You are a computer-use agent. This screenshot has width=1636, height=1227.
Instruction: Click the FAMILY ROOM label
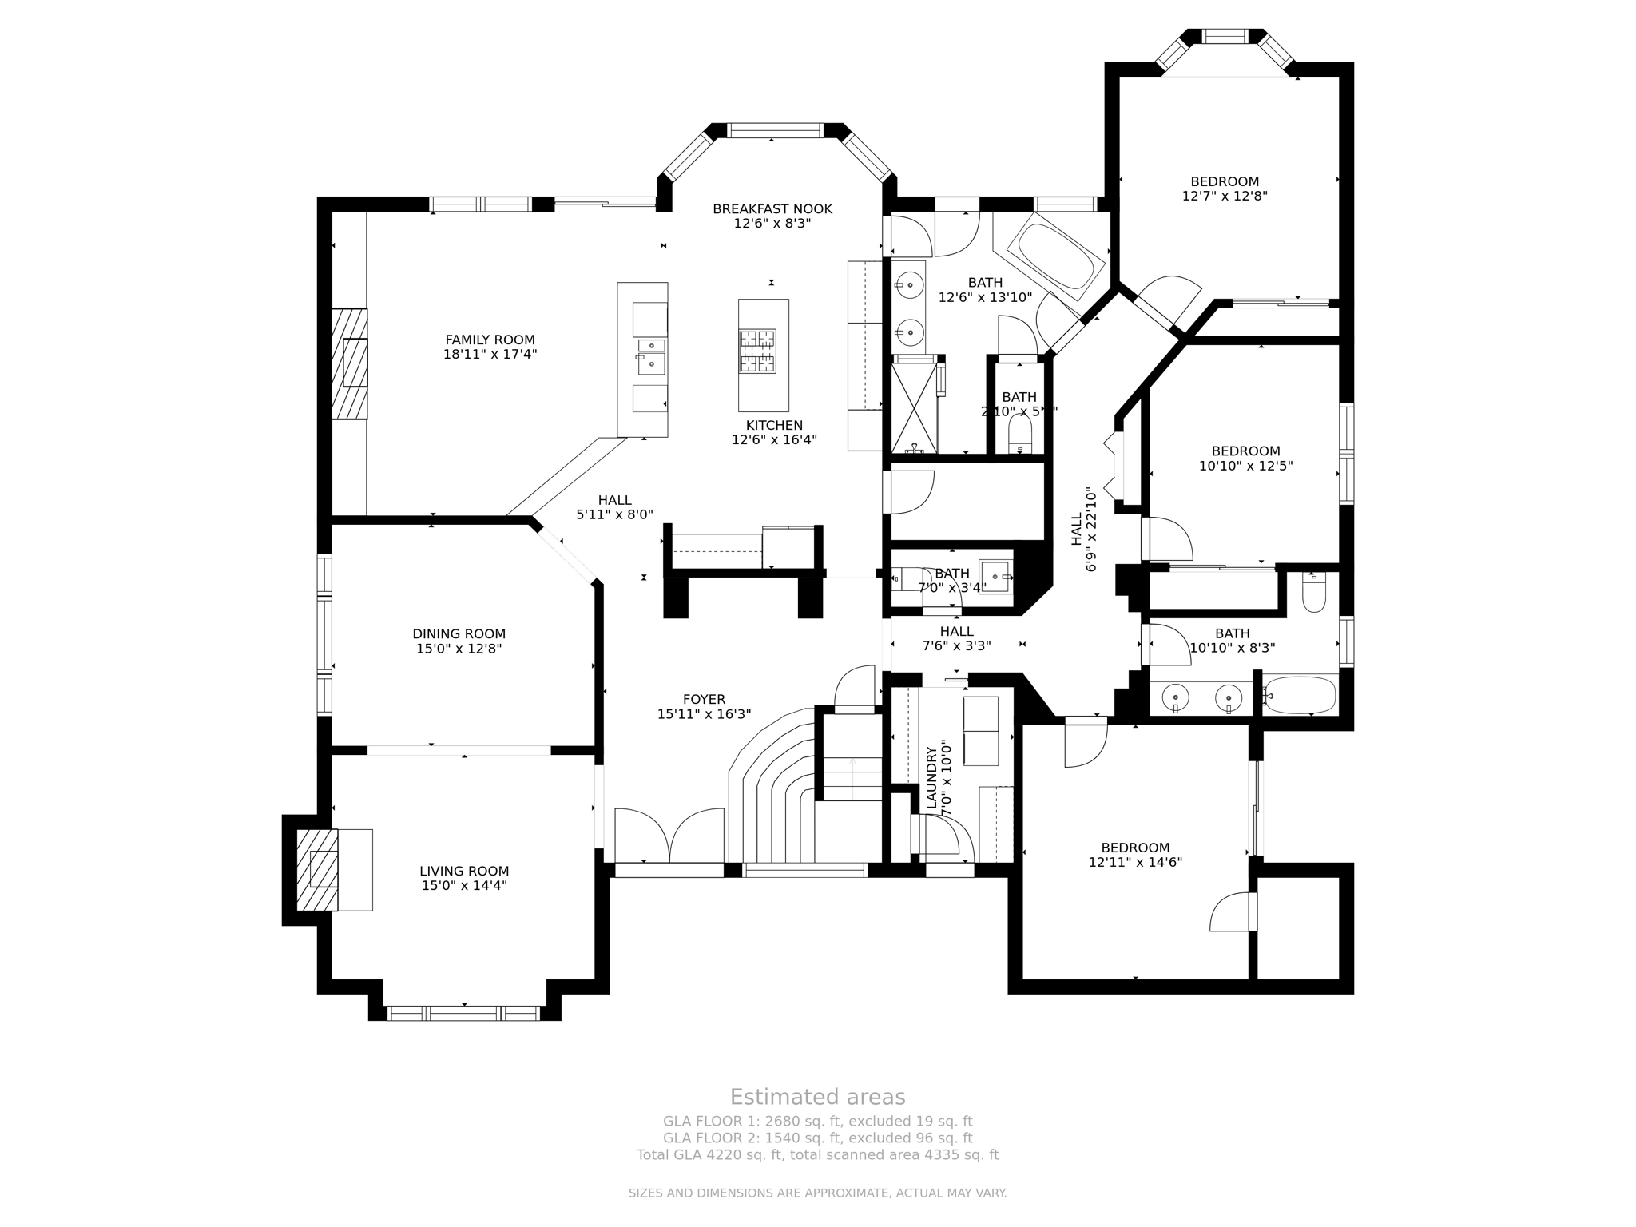point(490,340)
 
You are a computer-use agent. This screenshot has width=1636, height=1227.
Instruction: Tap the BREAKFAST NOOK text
point(772,209)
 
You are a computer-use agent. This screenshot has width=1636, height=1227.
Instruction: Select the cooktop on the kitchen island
point(757,351)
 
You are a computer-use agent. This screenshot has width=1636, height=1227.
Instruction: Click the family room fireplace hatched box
point(350,363)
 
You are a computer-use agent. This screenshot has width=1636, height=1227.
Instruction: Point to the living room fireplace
point(317,870)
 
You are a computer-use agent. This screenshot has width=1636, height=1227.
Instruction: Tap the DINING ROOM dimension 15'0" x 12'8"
point(459,649)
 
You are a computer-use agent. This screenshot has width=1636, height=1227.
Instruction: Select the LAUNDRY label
point(931,778)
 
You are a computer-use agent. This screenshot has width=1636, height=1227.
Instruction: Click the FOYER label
point(704,699)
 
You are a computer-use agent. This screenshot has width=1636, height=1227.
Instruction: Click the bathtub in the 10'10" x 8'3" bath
point(1300,696)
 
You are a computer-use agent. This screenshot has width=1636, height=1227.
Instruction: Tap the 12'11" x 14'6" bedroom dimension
point(1135,863)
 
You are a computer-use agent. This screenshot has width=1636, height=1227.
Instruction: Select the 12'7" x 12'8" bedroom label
point(1225,181)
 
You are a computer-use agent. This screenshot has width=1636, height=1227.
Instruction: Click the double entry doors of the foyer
point(669,836)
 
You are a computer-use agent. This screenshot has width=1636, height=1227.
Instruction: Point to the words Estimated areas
point(817,1097)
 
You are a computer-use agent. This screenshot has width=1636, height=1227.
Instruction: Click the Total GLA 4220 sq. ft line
point(817,1154)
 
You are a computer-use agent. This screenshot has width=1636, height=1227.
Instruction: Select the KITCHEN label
point(774,425)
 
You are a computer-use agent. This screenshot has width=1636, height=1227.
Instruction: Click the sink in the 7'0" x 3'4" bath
point(995,576)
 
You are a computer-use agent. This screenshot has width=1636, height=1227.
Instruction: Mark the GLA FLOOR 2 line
point(817,1138)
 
